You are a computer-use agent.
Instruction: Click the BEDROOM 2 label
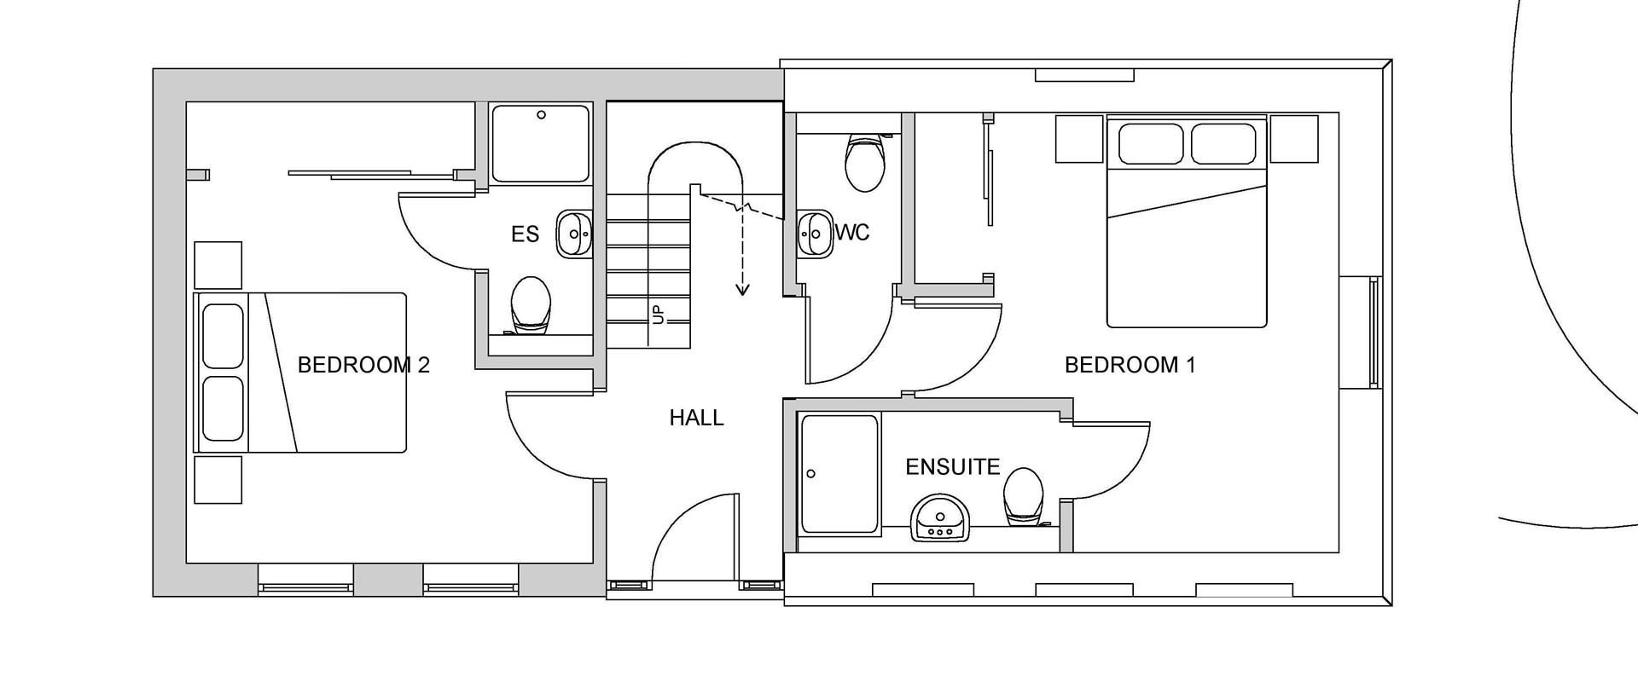point(363,365)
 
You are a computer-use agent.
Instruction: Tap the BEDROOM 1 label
point(1130,365)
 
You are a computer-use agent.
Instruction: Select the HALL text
point(696,418)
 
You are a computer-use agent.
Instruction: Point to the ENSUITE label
point(952,467)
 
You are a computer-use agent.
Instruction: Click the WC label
point(852,232)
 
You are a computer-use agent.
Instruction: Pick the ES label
point(526,234)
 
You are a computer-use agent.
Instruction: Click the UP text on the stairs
point(658,315)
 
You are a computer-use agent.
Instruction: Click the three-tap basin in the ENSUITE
point(940,517)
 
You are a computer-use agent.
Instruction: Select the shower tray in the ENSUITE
point(839,474)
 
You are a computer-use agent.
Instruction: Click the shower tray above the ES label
point(541,143)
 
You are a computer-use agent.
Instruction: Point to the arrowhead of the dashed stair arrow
point(743,290)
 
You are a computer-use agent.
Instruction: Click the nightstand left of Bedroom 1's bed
point(1079,139)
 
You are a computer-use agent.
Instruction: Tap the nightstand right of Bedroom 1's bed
point(1294,139)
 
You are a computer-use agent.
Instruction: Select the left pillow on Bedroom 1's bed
point(1151,144)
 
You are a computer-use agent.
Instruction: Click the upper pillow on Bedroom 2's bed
point(224,336)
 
